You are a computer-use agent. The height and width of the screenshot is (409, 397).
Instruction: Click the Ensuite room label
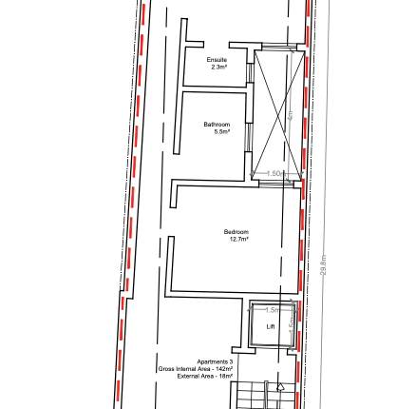click(217, 60)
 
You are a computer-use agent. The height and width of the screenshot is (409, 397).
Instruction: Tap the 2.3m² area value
click(217, 68)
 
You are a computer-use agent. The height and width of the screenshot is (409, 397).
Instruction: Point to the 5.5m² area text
click(221, 131)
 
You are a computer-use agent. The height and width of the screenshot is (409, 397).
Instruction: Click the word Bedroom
click(236, 232)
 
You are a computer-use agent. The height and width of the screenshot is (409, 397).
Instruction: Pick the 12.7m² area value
click(238, 240)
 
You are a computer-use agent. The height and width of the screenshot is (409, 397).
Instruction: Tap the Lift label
click(271, 326)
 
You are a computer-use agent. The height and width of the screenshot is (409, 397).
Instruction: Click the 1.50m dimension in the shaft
click(276, 173)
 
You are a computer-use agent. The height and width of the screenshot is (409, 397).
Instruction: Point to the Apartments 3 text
click(215, 362)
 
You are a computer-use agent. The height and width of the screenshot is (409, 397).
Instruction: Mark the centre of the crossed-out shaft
click(278, 113)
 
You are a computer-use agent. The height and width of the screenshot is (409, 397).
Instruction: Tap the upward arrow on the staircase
click(280, 388)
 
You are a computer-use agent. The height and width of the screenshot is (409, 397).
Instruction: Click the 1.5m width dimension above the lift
click(273, 310)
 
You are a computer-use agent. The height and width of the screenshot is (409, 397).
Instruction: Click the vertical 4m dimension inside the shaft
click(290, 115)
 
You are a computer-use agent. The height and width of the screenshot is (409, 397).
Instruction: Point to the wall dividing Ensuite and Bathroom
click(217, 90)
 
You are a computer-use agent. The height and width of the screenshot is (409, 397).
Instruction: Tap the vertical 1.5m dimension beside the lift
click(291, 325)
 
